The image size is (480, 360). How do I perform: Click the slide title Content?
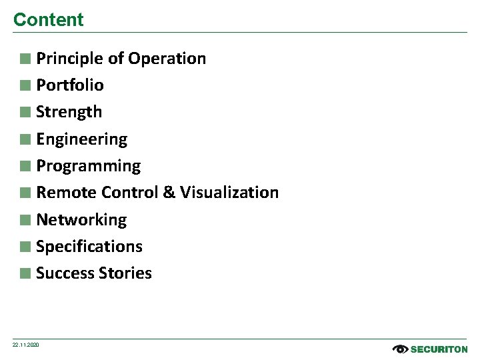tap(48, 20)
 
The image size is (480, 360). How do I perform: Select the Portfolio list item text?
tap(70, 85)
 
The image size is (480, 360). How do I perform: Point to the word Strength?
tap(69, 112)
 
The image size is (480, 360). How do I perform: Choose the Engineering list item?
tap(81, 139)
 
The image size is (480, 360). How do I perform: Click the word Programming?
tap(88, 166)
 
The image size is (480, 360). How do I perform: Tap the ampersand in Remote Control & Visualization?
tap(169, 193)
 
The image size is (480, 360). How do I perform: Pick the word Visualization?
tap(229, 193)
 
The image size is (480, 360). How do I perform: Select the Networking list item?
tap(81, 220)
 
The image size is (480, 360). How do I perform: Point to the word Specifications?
tap(89, 247)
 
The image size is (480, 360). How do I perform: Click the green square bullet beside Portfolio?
tap(25, 85)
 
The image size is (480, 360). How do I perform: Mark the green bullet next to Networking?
tap(25, 220)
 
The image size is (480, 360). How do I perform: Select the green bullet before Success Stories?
tap(25, 273)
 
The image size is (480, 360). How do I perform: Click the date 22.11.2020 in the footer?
tap(26, 345)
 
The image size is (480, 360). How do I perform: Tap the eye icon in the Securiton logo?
tap(400, 349)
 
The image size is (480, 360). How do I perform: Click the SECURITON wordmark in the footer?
tap(439, 349)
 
